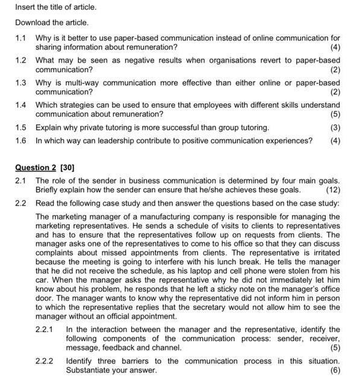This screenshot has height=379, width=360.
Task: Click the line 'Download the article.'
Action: pos(52,23)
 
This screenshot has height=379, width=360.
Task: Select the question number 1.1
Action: pos(21,39)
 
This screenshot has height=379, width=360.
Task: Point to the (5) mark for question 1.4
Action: pos(335,114)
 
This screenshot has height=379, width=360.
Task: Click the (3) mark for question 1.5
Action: pos(335,128)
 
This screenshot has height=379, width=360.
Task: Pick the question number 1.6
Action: pos(21,141)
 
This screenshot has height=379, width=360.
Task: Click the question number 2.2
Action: pos(21,203)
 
